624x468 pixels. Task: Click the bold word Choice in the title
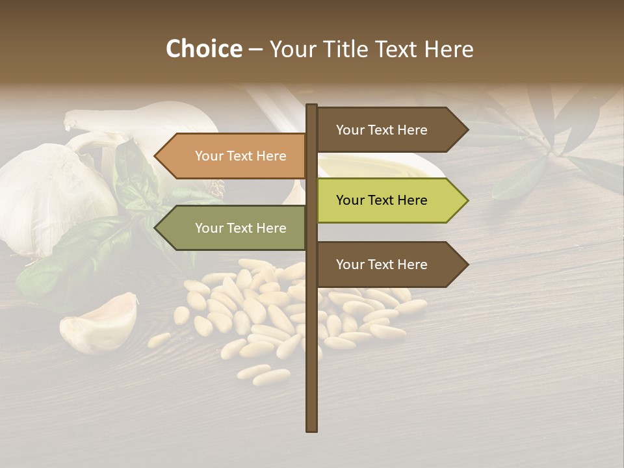tap(203, 49)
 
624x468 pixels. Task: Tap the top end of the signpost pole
tap(311, 107)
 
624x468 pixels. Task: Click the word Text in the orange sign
tap(240, 156)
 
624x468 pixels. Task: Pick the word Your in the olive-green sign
tap(209, 228)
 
